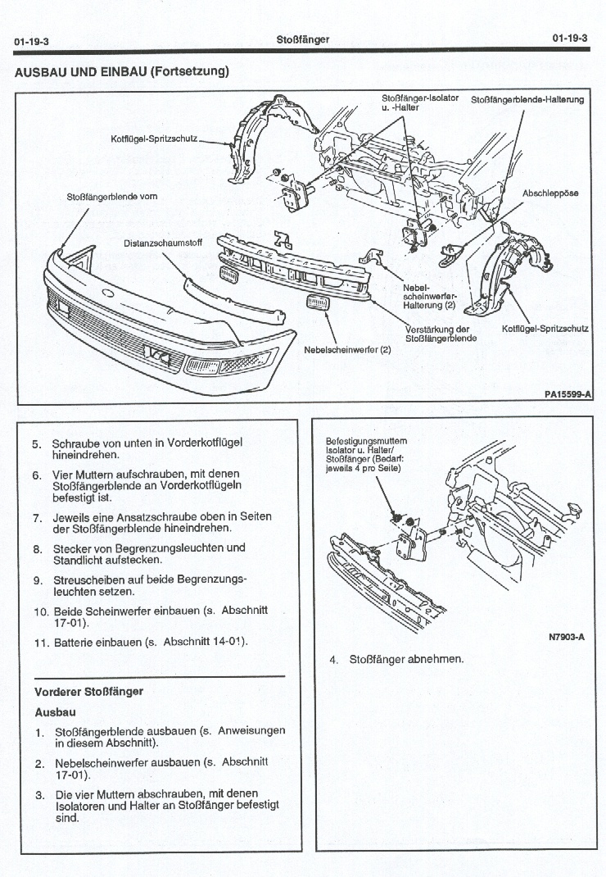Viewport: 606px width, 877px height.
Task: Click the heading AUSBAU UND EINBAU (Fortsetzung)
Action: [121, 71]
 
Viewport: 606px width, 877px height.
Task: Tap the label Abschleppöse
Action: [550, 193]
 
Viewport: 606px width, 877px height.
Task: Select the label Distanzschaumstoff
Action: [163, 243]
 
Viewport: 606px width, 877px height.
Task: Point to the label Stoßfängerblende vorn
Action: [112, 197]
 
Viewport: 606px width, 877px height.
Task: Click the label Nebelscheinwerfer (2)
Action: [347, 349]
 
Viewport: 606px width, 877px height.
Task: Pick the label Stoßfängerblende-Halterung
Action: [527, 100]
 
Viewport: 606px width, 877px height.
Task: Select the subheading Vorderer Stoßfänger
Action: [89, 691]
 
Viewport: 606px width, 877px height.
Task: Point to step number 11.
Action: [42, 642]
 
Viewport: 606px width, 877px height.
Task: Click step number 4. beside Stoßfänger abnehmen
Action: [334, 659]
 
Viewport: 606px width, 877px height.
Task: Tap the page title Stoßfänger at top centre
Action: [303, 39]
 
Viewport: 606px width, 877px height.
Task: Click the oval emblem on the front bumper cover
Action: [108, 293]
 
